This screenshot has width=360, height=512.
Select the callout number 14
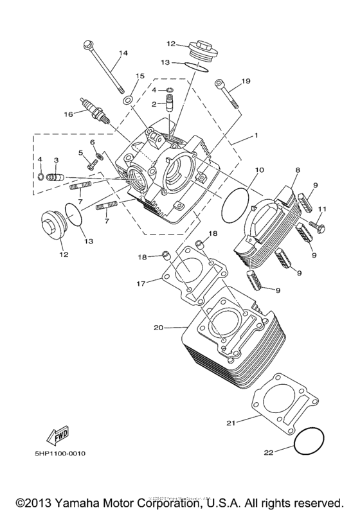[123, 53]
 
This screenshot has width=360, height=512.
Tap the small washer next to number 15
[128, 100]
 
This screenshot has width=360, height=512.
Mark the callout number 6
[93, 141]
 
